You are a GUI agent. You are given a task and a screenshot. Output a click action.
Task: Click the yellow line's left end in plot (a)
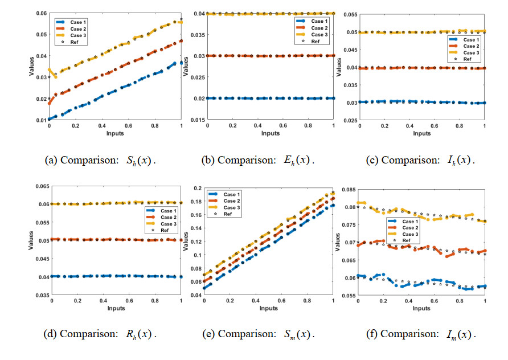pyautogui.click(x=49, y=69)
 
